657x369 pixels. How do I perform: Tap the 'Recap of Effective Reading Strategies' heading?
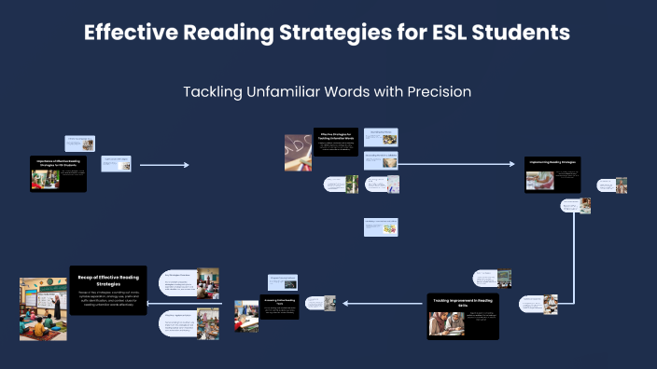[107, 278]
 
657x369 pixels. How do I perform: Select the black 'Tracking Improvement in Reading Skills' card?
[463, 316]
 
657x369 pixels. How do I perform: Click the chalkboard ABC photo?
[297, 152]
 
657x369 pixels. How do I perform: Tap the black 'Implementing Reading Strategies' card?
[553, 173]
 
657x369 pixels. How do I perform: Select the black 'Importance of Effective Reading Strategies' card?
[59, 173]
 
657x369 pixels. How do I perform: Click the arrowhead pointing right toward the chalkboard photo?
[187, 165]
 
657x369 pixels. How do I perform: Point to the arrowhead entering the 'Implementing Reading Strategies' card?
[511, 164]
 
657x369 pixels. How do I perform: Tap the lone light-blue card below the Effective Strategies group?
[381, 226]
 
